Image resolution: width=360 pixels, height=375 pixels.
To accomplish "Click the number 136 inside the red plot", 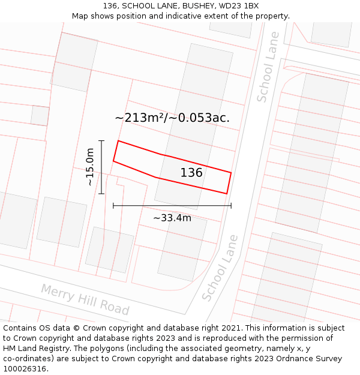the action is [x=191, y=173].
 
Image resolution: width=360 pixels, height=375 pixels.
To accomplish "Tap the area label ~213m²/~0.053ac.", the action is [x=172, y=118].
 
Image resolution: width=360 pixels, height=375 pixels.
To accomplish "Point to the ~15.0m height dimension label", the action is [x=90, y=167].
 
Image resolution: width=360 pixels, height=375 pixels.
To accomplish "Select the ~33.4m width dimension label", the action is [x=172, y=218].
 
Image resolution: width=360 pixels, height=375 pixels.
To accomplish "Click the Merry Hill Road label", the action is [x=85, y=299].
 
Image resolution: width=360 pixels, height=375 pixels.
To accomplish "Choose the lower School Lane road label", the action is [x=220, y=268].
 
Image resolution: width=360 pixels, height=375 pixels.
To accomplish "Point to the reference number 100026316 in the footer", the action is [x=23, y=369].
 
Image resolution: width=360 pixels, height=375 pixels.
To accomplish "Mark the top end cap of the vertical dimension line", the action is [x=101, y=140].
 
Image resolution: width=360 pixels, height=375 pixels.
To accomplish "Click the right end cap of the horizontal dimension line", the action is [x=231, y=205].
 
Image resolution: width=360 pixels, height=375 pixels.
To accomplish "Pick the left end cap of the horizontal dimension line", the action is [x=113, y=205].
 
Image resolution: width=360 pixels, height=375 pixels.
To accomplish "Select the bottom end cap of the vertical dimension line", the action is [x=101, y=194].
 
